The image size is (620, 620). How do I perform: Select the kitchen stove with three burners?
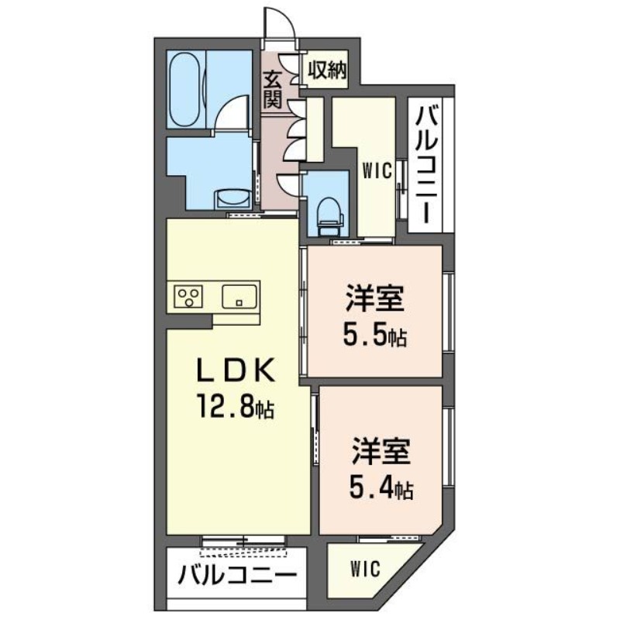[x=189, y=295]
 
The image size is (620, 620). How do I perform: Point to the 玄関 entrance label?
[x=271, y=88]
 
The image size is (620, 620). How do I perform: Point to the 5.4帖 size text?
[x=379, y=488]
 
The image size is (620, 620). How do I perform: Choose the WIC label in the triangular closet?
[x=364, y=569]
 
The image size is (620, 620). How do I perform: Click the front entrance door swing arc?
[x=282, y=21]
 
